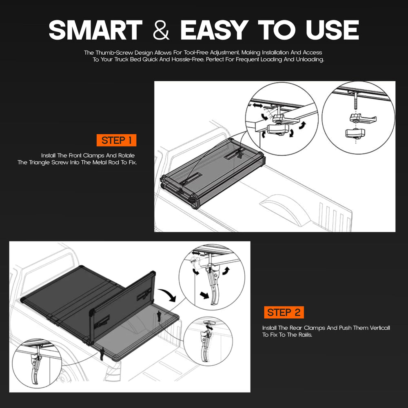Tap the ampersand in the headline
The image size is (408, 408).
161,30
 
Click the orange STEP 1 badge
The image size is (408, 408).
116,140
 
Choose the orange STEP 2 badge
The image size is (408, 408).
284,312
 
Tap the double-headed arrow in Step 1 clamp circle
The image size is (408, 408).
257,106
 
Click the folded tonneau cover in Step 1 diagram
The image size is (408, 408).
213,173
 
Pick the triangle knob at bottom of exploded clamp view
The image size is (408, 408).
355,134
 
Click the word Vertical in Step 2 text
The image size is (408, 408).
379,328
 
